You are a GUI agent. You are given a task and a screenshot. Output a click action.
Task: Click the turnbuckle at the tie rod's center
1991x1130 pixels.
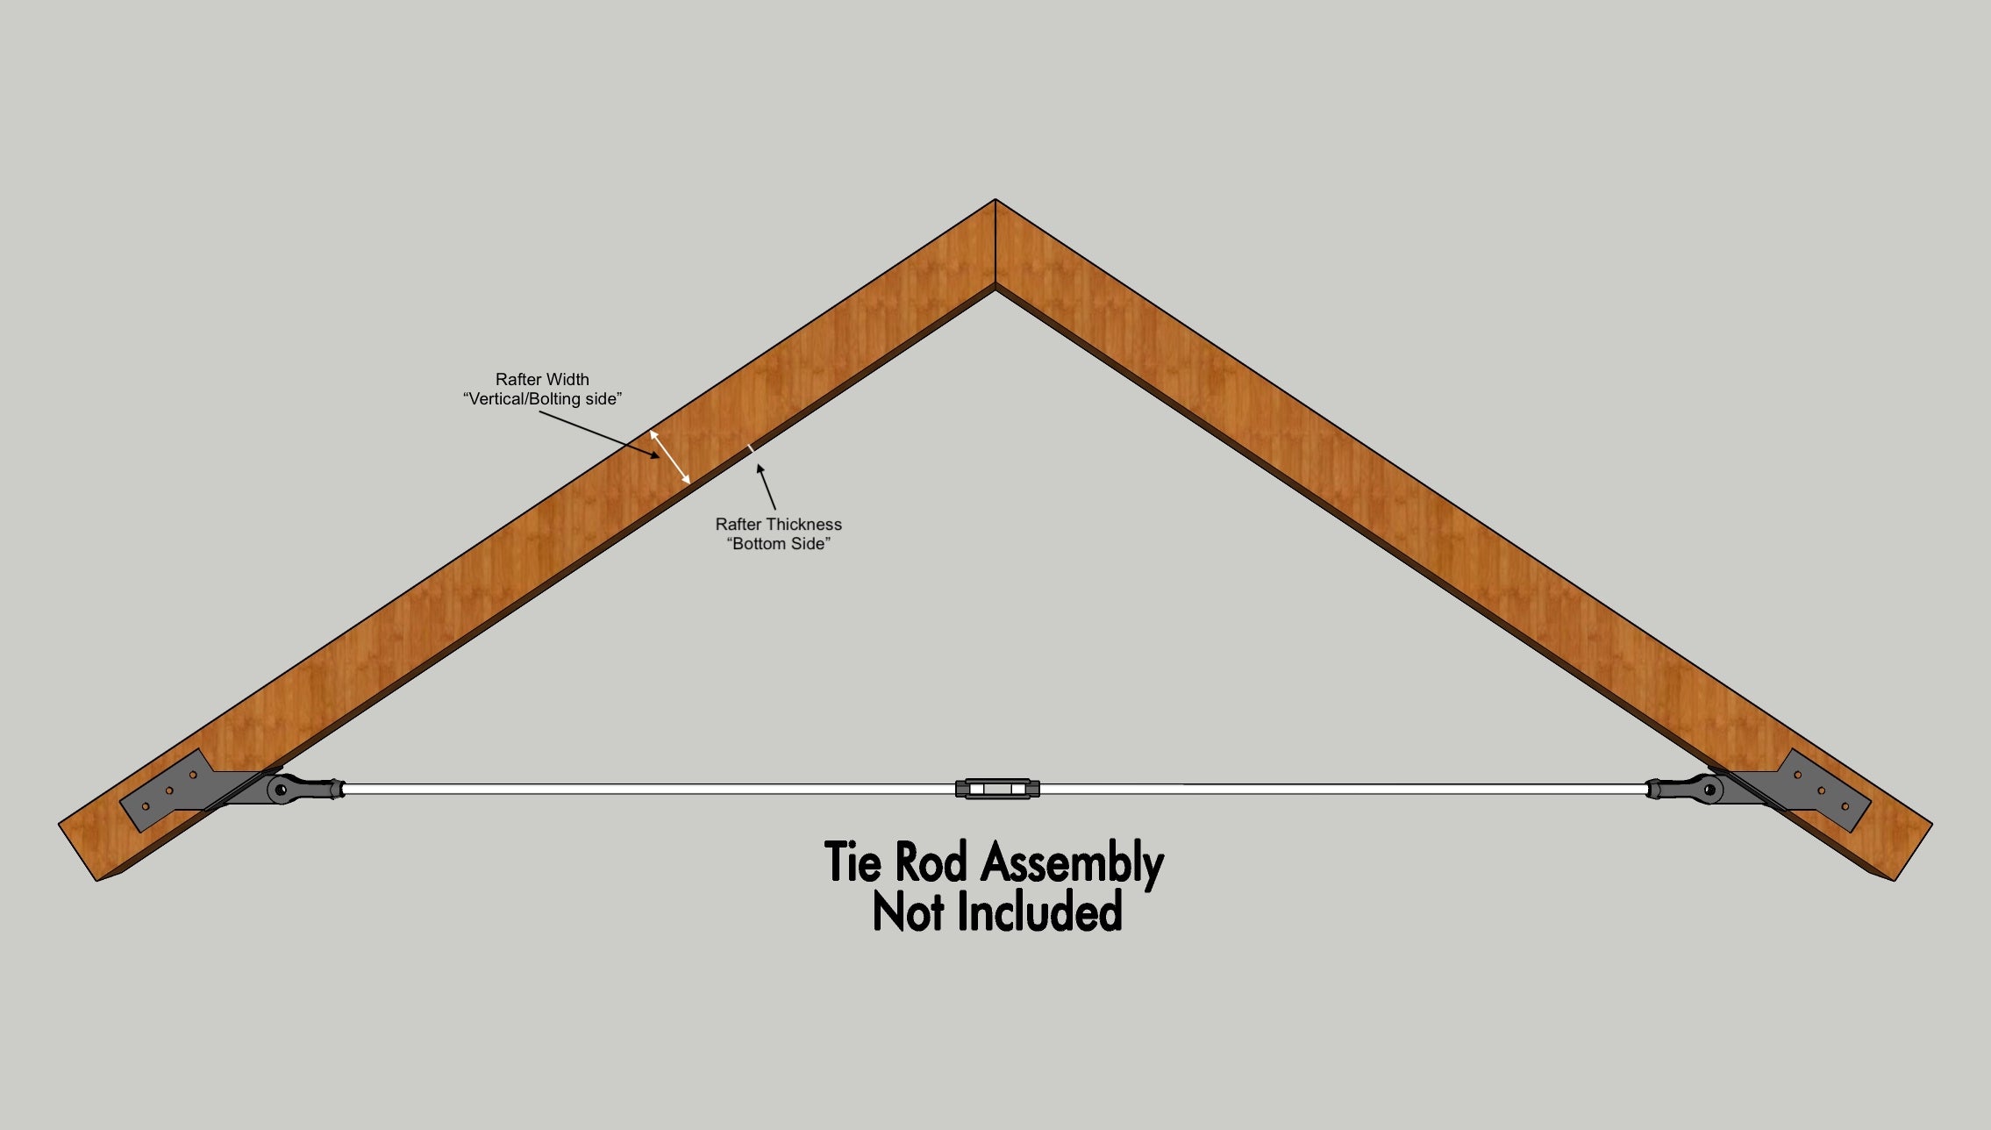pyautogui.click(x=997, y=789)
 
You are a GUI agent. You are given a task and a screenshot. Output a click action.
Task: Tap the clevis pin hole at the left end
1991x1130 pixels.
pyautogui.click(x=281, y=790)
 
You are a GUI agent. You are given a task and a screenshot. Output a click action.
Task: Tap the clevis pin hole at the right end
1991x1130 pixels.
pyautogui.click(x=1709, y=790)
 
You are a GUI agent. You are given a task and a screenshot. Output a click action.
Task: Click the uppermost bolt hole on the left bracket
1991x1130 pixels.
pyautogui.click(x=193, y=776)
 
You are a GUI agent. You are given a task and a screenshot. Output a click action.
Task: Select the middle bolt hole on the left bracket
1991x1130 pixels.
pyautogui.click(x=169, y=790)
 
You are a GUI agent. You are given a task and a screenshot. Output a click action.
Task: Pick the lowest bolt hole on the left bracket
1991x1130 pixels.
pyautogui.click(x=146, y=806)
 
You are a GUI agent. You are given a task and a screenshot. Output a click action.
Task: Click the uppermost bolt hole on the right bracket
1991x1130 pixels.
pyautogui.click(x=1797, y=776)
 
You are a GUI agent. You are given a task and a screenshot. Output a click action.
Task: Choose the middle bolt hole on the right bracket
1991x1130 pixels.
pyautogui.click(x=1821, y=790)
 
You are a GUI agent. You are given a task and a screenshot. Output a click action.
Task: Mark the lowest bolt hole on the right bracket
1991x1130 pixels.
pyautogui.click(x=1845, y=806)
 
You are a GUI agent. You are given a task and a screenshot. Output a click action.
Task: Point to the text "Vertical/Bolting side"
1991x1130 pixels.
pyautogui.click(x=543, y=399)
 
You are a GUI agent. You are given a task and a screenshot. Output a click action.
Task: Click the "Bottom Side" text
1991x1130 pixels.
pyautogui.click(x=779, y=544)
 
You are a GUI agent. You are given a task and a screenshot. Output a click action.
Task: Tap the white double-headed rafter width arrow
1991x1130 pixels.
pyautogui.click(x=670, y=456)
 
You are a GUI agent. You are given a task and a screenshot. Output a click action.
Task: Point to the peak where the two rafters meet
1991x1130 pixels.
pyautogui.click(x=995, y=200)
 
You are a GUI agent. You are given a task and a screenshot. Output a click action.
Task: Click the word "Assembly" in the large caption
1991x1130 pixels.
pyautogui.click(x=1073, y=862)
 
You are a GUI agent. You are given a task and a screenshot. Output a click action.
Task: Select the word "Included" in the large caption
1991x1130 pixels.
pyautogui.click(x=1039, y=912)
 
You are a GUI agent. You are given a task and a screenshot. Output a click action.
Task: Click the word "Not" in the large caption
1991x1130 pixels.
pyautogui.click(x=909, y=912)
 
